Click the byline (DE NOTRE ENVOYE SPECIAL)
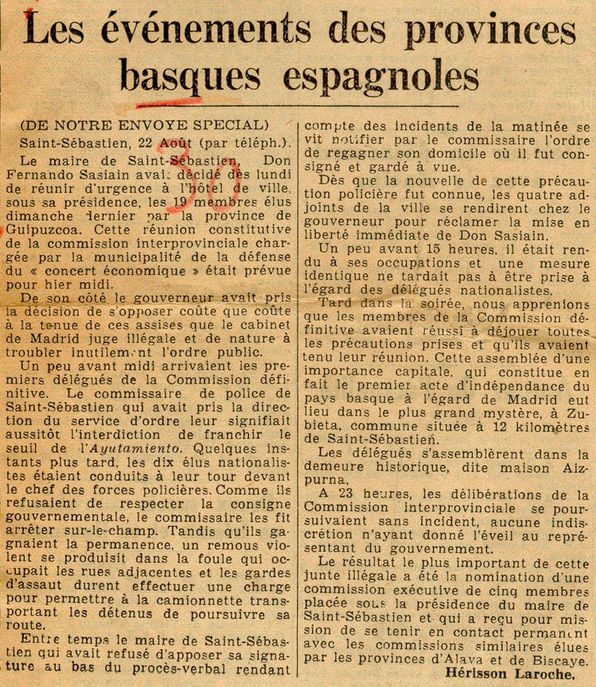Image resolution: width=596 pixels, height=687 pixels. click(x=144, y=124)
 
